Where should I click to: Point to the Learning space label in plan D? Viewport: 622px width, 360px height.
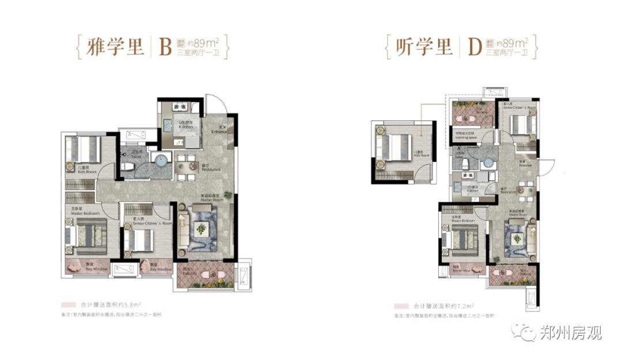[467, 137]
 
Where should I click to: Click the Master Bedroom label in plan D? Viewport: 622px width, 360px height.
[463, 220]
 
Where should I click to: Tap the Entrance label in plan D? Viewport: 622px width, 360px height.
[525, 165]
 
